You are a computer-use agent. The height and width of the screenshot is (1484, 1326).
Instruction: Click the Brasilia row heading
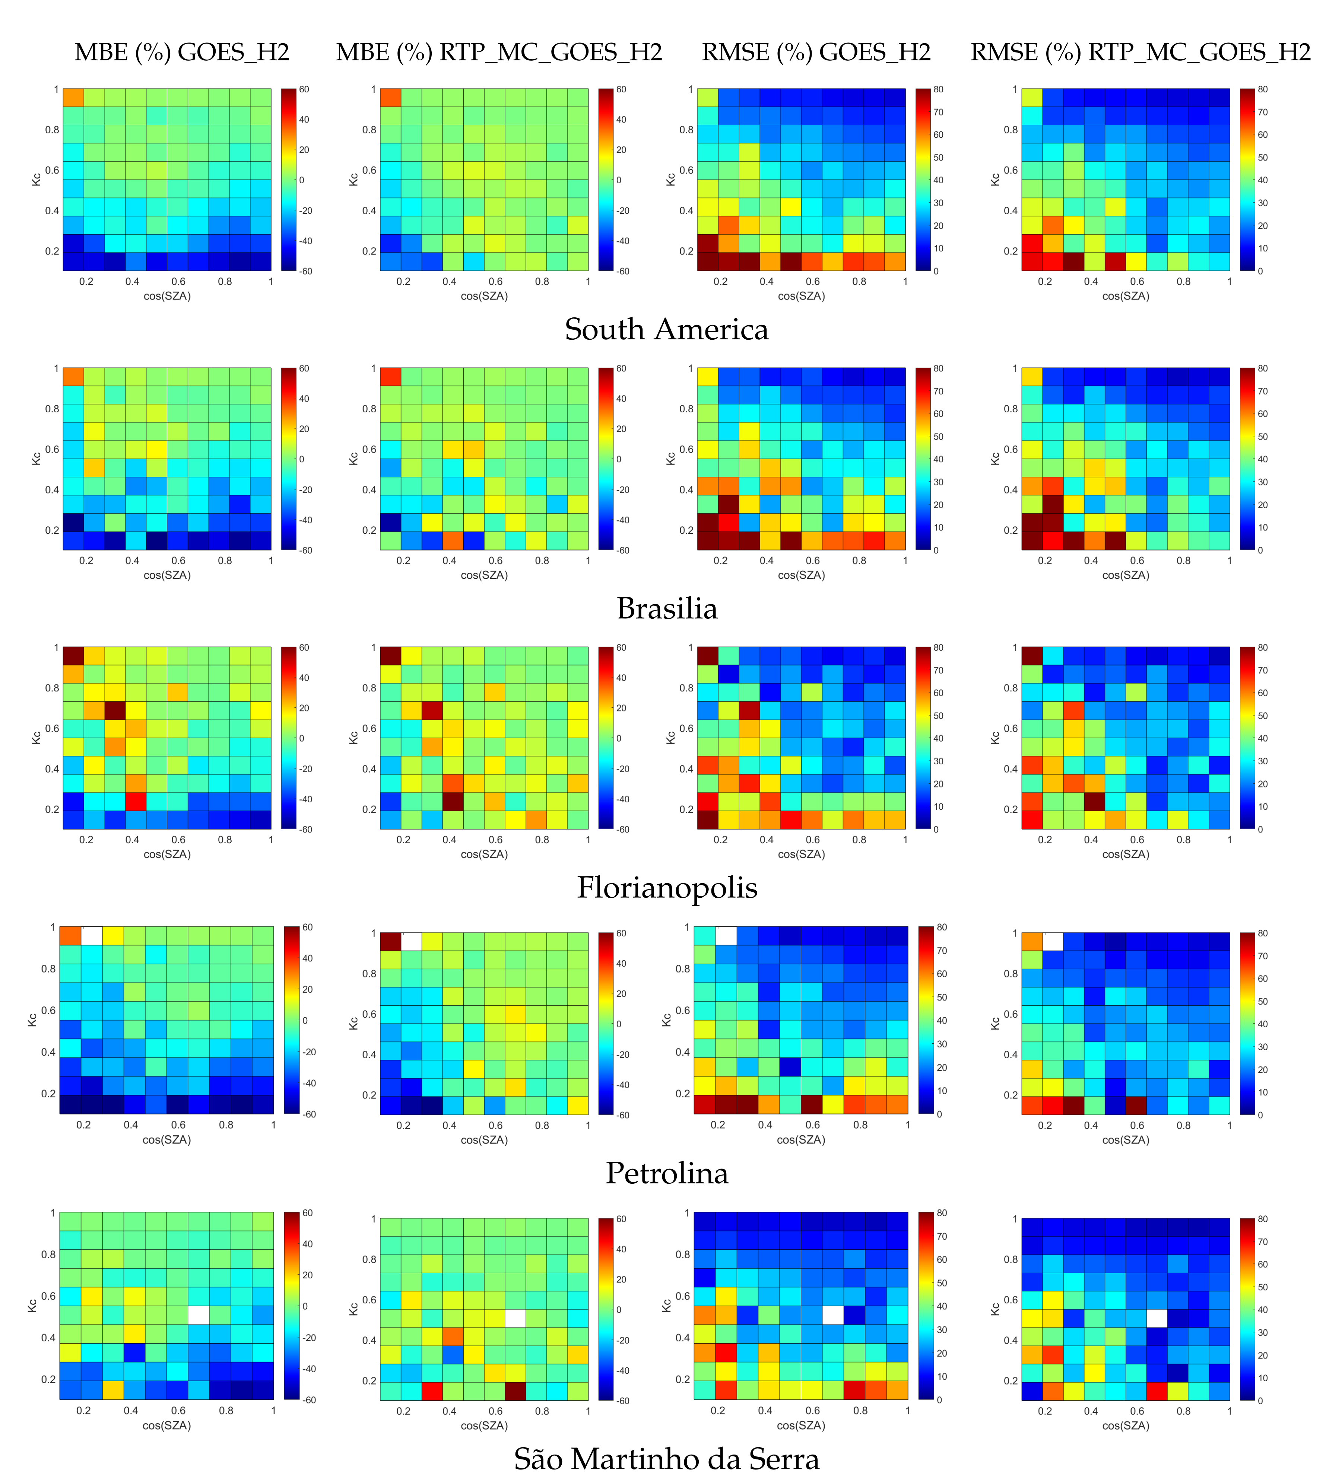click(x=667, y=608)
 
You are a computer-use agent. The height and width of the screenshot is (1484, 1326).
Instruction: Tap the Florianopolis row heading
click(x=667, y=887)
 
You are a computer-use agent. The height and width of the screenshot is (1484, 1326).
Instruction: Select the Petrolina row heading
click(x=667, y=1173)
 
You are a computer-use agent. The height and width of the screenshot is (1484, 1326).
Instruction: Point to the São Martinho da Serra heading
click(x=667, y=1459)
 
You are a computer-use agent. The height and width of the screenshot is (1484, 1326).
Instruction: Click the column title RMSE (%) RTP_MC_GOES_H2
click(x=1140, y=53)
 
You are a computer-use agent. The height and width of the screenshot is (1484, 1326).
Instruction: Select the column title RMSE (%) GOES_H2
click(x=816, y=53)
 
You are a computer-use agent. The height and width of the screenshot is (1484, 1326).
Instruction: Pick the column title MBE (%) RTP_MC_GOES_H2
click(x=499, y=53)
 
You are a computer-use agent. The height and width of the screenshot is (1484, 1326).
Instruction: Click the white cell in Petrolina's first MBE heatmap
click(x=91, y=935)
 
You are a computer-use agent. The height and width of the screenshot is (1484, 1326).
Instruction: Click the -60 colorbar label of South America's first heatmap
click(x=305, y=271)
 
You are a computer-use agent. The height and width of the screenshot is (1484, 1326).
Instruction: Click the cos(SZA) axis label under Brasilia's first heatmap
click(x=167, y=575)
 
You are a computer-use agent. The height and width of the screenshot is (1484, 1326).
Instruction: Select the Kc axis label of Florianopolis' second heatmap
click(x=353, y=737)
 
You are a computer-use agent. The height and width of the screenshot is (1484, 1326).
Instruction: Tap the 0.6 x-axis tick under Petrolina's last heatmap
click(x=1136, y=1125)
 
